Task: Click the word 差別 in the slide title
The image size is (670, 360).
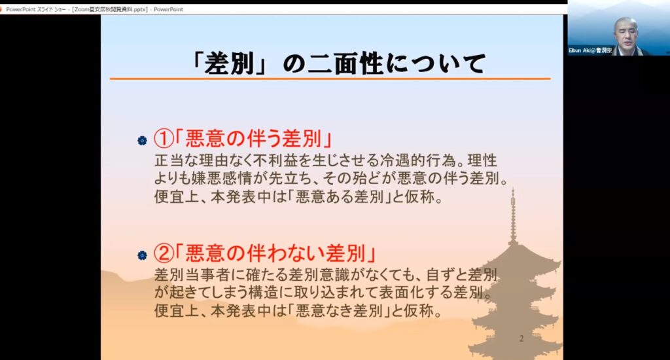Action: pos(229,63)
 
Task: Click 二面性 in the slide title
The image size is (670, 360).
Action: pos(345,63)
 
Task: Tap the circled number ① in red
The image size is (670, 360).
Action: pos(164,139)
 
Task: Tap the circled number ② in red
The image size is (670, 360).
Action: pos(164,253)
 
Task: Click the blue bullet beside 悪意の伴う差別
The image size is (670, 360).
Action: pos(142,141)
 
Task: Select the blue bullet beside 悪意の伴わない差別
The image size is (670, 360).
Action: pos(142,255)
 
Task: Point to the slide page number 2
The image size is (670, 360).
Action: pos(521,338)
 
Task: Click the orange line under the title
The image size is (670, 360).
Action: pos(330,79)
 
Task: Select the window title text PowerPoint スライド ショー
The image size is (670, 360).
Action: pos(36,9)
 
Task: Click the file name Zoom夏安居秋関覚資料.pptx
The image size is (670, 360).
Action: pos(110,9)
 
